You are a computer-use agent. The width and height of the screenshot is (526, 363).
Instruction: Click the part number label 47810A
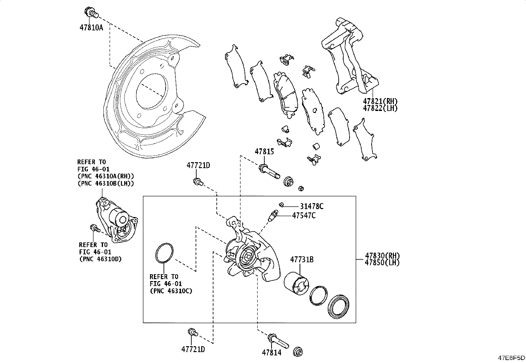pos(91,28)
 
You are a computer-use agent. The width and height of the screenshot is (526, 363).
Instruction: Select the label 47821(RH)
pos(380,101)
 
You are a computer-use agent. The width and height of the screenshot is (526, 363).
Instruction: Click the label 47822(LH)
pos(380,108)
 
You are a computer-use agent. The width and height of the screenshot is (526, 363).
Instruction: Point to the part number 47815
pos(264,152)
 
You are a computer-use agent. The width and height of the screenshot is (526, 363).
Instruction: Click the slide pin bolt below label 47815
pos(269,170)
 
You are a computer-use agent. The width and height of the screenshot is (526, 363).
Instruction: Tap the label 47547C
pos(304,216)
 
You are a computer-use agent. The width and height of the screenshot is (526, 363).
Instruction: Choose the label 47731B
pos(302,260)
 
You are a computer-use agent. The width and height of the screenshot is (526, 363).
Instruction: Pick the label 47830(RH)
pos(382,256)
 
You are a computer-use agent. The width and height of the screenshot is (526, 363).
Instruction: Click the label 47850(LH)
pos(382,263)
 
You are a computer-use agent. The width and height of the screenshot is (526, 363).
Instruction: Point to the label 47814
pos(272,353)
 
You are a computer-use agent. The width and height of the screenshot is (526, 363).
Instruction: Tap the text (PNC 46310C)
pos(171,291)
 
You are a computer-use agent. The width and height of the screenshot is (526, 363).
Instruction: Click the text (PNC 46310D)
pos(100,259)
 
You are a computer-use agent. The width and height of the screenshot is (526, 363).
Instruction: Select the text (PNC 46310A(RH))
pos(106,176)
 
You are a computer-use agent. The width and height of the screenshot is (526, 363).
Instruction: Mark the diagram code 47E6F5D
pos(512,358)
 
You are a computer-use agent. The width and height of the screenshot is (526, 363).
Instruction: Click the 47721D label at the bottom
pos(193,349)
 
